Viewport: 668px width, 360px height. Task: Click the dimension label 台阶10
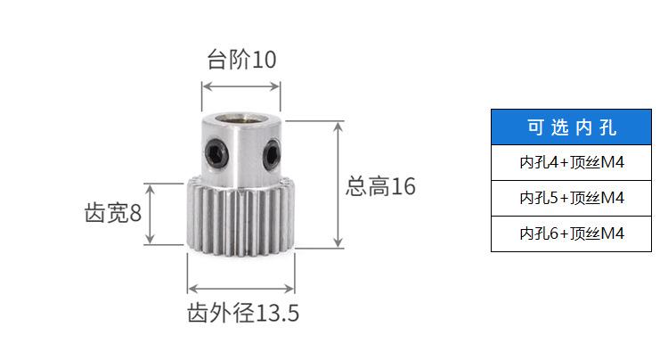coord(241,60)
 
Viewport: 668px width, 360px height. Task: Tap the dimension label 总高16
coord(380,186)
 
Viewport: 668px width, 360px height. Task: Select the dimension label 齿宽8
coord(113,214)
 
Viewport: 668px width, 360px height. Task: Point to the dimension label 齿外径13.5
coord(241,314)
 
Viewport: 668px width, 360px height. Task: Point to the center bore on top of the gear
coord(241,119)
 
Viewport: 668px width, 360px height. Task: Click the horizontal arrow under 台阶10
coord(241,86)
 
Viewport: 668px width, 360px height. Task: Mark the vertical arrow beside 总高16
coord(338,184)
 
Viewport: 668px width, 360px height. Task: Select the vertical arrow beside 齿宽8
coord(152,214)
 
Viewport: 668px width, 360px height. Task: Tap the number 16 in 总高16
coord(403,186)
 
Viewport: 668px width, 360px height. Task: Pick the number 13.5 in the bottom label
coord(276,314)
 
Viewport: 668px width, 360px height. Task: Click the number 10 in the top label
coord(265,60)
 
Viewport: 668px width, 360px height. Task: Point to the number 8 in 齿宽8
coord(135,214)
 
